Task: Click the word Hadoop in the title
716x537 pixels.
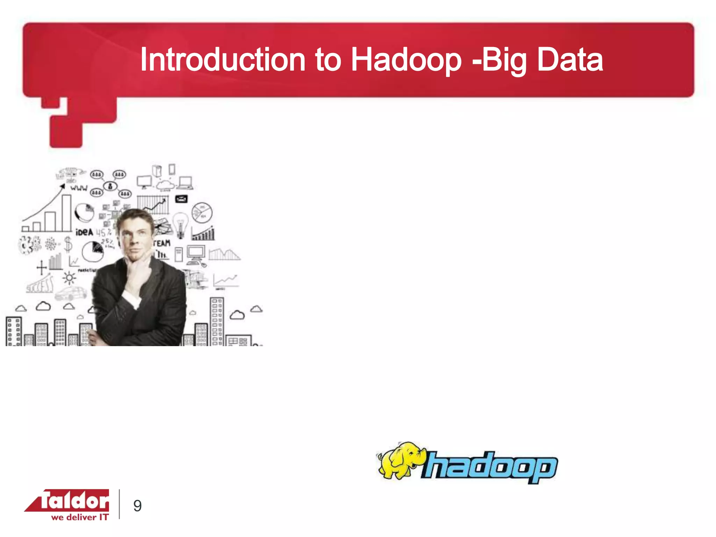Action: pos(406,60)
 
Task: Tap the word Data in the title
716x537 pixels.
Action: pos(570,60)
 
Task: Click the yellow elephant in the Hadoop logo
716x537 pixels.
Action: pos(400,460)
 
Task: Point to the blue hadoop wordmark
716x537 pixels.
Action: pos(489,467)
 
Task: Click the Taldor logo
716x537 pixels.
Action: pos(68,501)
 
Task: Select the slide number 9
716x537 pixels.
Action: pos(137,506)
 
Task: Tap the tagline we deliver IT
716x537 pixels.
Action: pos(80,517)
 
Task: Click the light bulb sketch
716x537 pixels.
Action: pos(180,224)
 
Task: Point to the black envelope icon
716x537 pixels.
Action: pos(181,199)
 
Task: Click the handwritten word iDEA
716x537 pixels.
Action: pos(84,232)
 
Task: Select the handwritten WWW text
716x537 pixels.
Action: pos(79,188)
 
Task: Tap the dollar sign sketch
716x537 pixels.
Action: pos(68,244)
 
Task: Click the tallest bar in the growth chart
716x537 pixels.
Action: pos(67,213)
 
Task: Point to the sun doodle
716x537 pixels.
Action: pos(69,278)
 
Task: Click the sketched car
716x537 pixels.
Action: pos(71,293)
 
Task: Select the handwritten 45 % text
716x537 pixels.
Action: pos(103,232)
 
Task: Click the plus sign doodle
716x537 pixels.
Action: pos(42,268)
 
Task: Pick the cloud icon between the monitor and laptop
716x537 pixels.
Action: pos(165,184)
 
